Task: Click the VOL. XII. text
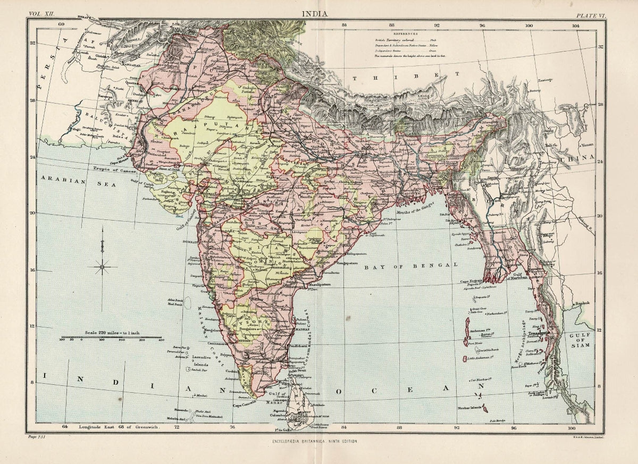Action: click(41, 15)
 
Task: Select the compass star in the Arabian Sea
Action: click(102, 266)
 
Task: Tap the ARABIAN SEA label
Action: click(62, 181)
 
